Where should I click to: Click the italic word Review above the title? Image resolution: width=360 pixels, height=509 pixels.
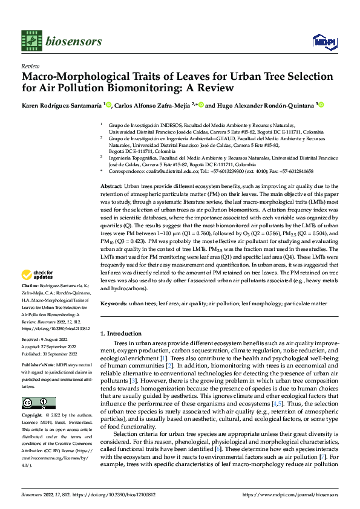pyautogui.click(x=30, y=66)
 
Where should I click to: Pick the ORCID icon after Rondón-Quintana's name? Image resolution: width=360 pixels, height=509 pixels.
pyautogui.click(x=321, y=104)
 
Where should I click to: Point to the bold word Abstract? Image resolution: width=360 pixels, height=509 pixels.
pyautogui.click(x=111, y=187)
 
